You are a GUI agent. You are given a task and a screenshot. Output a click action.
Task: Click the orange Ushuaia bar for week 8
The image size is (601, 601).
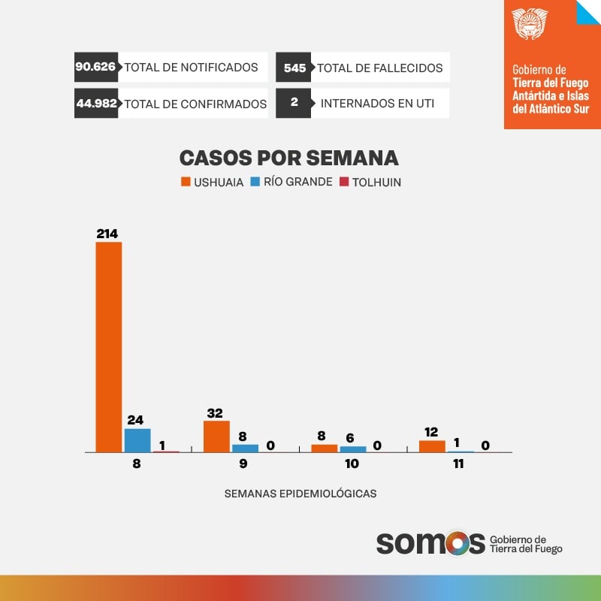(108, 347)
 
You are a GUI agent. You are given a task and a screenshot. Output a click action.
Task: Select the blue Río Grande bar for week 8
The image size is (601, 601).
(137, 440)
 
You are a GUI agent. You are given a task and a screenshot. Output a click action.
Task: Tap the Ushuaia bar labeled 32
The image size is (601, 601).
(216, 436)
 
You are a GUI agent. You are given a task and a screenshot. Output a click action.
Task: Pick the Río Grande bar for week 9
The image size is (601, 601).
(245, 448)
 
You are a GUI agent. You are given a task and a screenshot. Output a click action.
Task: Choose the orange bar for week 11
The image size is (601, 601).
(431, 446)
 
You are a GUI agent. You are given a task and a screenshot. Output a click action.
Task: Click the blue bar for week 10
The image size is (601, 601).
(352, 449)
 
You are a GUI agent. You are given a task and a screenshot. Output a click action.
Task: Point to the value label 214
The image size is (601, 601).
(107, 234)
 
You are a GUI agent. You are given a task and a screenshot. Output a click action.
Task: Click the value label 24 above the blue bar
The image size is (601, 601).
(136, 420)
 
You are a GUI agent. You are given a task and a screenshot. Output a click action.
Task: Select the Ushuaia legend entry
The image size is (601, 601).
(212, 182)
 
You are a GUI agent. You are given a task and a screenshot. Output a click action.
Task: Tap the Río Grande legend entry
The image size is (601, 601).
(291, 182)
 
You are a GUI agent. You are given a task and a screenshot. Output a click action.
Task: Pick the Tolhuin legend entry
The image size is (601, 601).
(370, 182)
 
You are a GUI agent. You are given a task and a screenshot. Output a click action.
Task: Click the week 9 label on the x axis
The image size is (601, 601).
(243, 464)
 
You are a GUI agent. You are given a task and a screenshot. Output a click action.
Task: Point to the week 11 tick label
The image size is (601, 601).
(458, 464)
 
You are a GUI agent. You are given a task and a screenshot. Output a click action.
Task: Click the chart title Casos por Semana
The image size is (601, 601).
(288, 158)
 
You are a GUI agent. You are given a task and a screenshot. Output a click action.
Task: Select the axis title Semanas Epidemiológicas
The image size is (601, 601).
(300, 494)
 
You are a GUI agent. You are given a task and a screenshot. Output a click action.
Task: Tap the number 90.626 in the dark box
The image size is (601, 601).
(95, 67)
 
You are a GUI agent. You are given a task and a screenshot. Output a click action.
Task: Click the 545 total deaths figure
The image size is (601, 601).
(295, 68)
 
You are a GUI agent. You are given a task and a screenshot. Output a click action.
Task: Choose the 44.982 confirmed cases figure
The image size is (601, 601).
(96, 104)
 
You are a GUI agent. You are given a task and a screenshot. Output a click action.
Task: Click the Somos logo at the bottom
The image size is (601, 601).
(430, 542)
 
